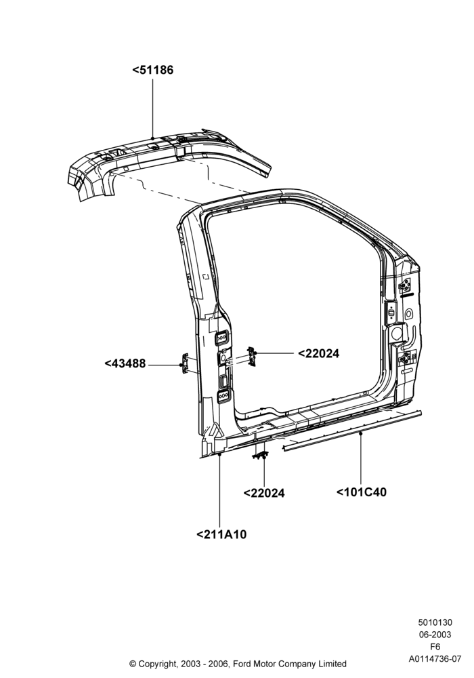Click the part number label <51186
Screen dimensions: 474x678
(153, 70)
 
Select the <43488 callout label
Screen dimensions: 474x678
(125, 363)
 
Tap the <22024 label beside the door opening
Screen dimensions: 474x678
(318, 354)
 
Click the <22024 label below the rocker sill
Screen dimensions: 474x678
(264, 494)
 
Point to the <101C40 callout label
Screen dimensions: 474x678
(362, 492)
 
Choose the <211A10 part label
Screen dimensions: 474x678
(221, 535)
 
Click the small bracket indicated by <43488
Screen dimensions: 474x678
(185, 363)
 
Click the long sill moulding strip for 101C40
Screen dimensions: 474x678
(352, 431)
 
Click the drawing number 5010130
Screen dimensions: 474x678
(435, 622)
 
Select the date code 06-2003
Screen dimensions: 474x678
(435, 635)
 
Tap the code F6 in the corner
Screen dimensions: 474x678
(435, 647)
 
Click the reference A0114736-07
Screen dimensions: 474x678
(435, 659)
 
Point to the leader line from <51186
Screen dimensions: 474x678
(153, 108)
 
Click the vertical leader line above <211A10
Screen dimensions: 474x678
(220, 490)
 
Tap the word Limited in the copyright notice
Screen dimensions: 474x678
(333, 664)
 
